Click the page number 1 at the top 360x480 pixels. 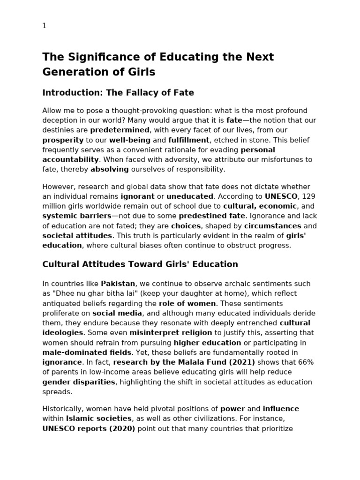45,26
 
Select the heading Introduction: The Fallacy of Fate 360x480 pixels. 118,92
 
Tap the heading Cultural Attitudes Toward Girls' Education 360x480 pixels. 140,264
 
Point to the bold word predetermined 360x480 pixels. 120,130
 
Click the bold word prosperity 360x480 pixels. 63,140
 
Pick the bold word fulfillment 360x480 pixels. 189,140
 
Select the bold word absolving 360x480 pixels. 110,169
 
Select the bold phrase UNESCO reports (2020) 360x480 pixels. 89,428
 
